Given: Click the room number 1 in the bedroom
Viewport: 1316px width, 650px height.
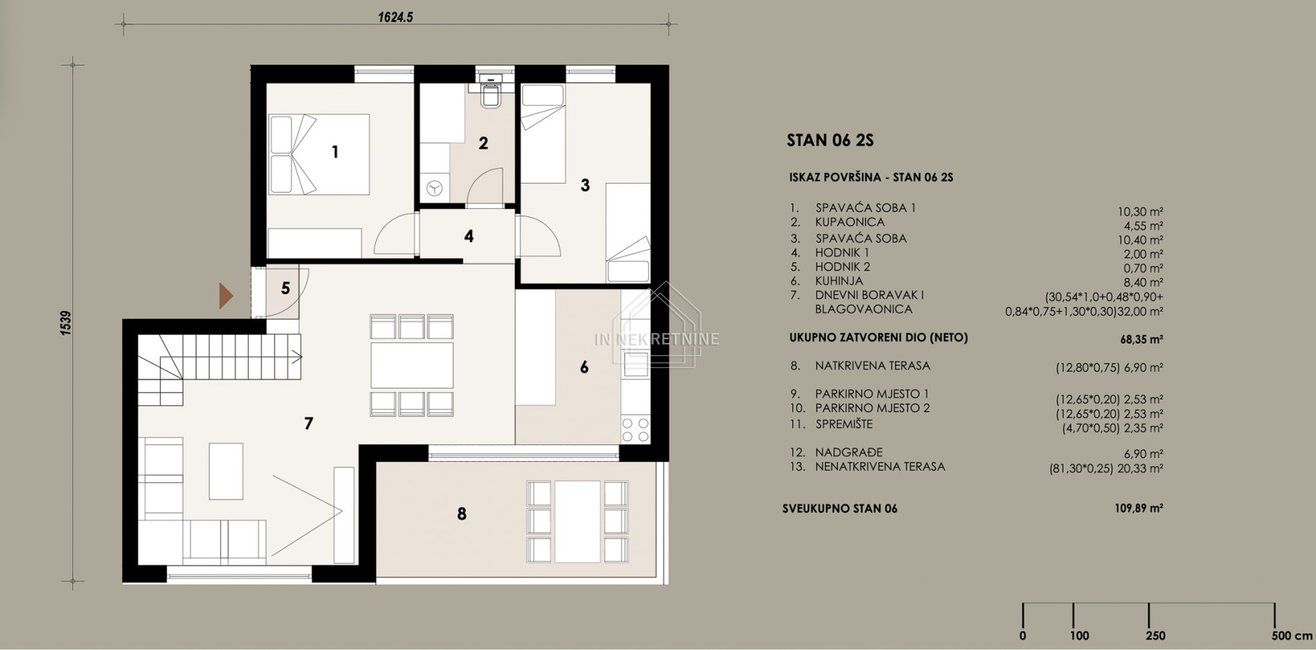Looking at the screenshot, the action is pos(335,152).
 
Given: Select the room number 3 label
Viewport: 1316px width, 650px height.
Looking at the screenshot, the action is pos(585,185).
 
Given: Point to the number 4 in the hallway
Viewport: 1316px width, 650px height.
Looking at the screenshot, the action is pos(469,236).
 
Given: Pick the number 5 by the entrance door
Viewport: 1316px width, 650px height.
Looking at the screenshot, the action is pos(285,288).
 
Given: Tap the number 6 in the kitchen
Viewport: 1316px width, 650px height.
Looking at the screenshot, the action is pos(584,367).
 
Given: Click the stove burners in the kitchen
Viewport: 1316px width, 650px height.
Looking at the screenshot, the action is pos(635,429).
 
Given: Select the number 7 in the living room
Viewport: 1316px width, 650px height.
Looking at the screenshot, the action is pos(308,424).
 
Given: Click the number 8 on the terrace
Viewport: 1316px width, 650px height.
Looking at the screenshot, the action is pos(461,514).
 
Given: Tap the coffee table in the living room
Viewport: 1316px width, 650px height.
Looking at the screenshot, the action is pos(226,472).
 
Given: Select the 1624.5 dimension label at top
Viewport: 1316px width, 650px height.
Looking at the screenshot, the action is pos(395,18).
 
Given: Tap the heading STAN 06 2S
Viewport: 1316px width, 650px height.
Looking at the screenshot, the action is pos(830,140).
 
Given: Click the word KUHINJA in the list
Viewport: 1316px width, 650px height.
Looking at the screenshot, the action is pos(839,281).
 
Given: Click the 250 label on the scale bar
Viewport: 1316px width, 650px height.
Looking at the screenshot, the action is pos(1155,636).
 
